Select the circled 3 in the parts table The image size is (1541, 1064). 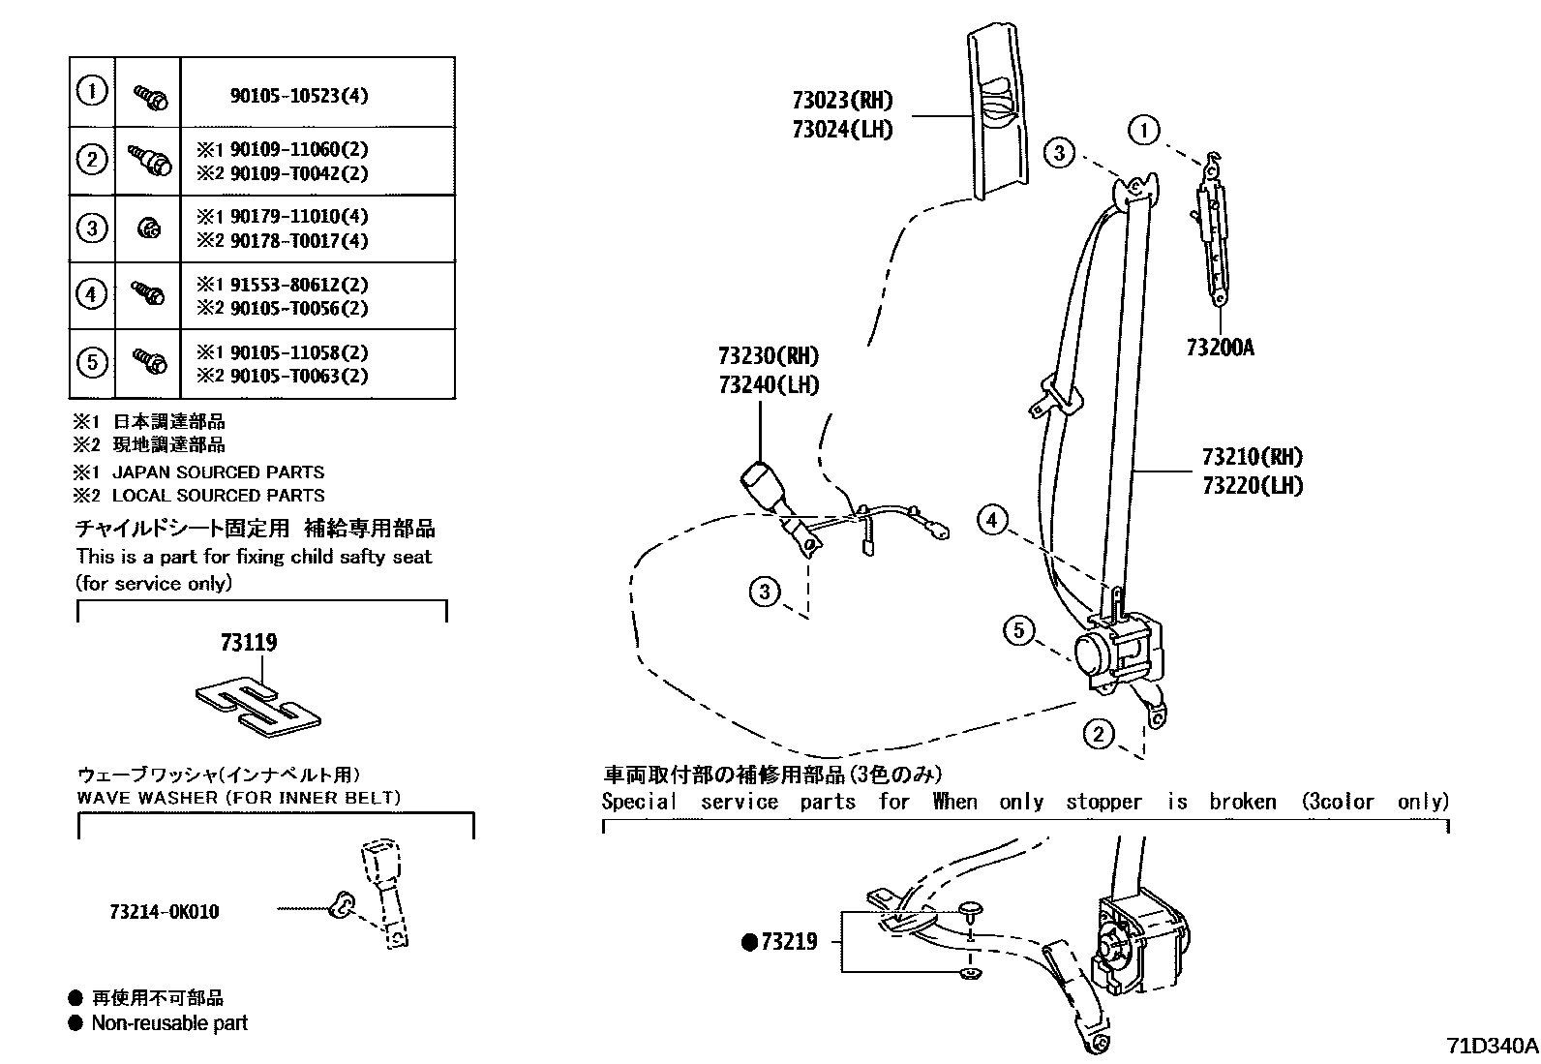[x=91, y=228]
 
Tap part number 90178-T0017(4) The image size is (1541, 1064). [x=298, y=241]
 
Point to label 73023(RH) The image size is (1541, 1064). [x=841, y=100]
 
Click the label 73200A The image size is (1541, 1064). [x=1219, y=348]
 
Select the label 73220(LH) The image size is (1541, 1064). [x=1252, y=486]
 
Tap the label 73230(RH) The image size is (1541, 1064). [x=769, y=355]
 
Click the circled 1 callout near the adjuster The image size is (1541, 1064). [x=1144, y=130]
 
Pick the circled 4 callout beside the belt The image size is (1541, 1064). [x=991, y=521]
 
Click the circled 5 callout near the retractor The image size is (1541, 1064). [x=1018, y=631]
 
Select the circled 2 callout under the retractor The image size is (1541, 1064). [x=1098, y=734]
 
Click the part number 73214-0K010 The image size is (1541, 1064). [x=164, y=912]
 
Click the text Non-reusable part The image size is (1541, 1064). [x=169, y=1022]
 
